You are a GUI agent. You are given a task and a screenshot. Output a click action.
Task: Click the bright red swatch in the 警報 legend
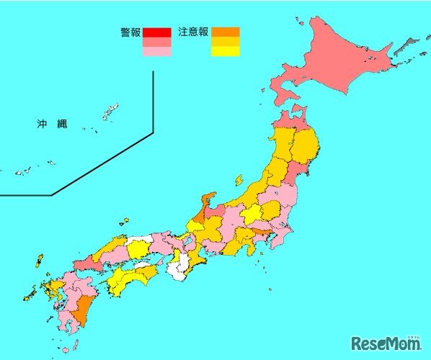tap(156, 32)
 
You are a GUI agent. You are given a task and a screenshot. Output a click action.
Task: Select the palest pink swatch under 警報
tap(156, 51)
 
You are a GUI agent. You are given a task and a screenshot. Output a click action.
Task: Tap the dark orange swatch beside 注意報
tap(225, 32)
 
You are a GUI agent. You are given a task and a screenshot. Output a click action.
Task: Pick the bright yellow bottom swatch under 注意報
tap(225, 51)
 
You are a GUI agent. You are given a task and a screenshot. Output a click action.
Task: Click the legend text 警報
tap(130, 32)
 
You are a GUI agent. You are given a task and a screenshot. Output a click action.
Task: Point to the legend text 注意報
tap(193, 32)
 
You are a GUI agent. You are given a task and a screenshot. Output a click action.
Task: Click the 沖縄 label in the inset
tap(52, 124)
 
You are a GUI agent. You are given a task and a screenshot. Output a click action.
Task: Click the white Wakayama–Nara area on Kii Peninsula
tap(177, 271)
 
